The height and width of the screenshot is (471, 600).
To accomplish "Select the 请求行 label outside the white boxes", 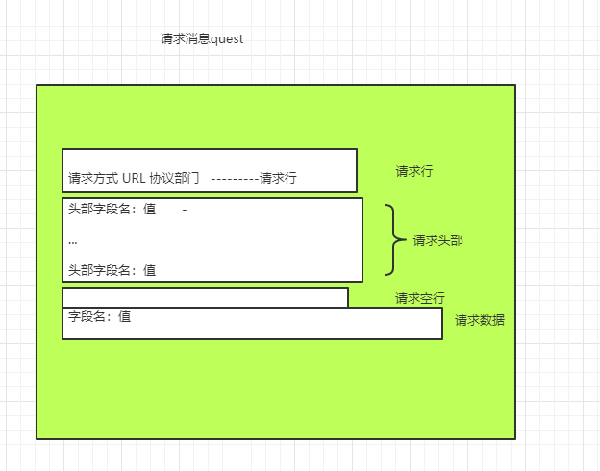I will pyautogui.click(x=414, y=171).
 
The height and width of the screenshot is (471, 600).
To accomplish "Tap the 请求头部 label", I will pyautogui.click(x=437, y=240).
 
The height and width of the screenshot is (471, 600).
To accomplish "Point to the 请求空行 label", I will pyautogui.click(x=420, y=298).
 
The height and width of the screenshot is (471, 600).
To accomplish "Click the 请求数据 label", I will pyautogui.click(x=480, y=320).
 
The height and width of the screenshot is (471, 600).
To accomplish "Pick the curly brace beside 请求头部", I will pyautogui.click(x=391, y=239).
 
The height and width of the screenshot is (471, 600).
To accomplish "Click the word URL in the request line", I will pyautogui.click(x=134, y=178).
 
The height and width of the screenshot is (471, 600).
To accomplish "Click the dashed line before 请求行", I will pyautogui.click(x=234, y=178).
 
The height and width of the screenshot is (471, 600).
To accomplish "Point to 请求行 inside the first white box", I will pyautogui.click(x=278, y=178).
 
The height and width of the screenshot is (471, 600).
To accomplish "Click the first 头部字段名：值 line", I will pyautogui.click(x=112, y=210).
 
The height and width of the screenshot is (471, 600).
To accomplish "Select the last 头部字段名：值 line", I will pyautogui.click(x=112, y=270).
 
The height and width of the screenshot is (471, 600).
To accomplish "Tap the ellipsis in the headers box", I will pyautogui.click(x=73, y=241).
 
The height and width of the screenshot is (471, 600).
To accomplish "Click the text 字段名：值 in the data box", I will pyautogui.click(x=99, y=315).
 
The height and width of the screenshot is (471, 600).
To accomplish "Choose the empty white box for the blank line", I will pyautogui.click(x=205, y=297).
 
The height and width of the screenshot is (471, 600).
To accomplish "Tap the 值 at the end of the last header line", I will pyautogui.click(x=149, y=270).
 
